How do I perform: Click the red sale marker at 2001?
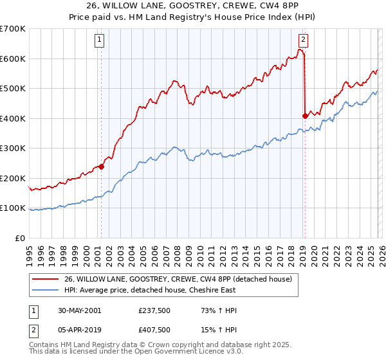pyautogui.click(x=101, y=167)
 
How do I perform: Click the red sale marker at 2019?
pyautogui.click(x=304, y=116)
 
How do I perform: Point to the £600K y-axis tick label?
pyautogui.click(x=13, y=59)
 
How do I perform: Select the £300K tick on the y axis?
pyautogui.click(x=13, y=148)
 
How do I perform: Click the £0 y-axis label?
pyautogui.click(x=20, y=238)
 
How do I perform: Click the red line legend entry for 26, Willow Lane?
pyautogui.click(x=178, y=279)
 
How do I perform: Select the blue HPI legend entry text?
pyautogui.click(x=165, y=290)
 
